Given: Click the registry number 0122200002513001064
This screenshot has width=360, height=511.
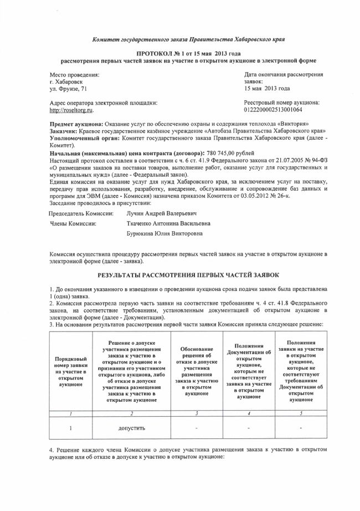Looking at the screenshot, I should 275,110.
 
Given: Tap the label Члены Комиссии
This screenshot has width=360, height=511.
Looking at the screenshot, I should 73,223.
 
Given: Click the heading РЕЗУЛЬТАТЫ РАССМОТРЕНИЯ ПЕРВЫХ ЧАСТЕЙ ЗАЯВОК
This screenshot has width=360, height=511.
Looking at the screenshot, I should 188,275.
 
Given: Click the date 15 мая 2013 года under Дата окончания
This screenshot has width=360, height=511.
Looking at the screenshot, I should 267,88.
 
